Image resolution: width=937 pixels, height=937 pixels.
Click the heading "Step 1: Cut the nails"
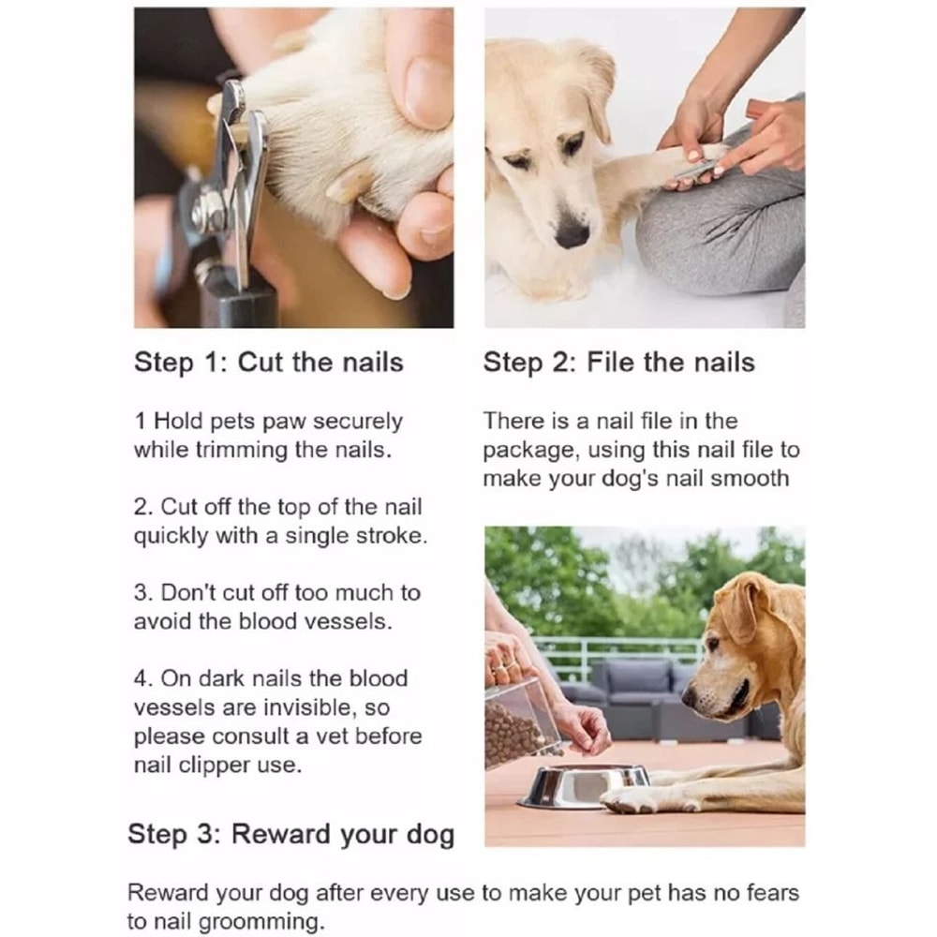pyautogui.click(x=269, y=364)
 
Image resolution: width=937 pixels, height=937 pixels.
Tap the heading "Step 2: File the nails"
pyautogui.click(x=618, y=364)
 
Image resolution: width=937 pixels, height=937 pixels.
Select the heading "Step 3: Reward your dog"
pyautogui.click(x=290, y=834)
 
